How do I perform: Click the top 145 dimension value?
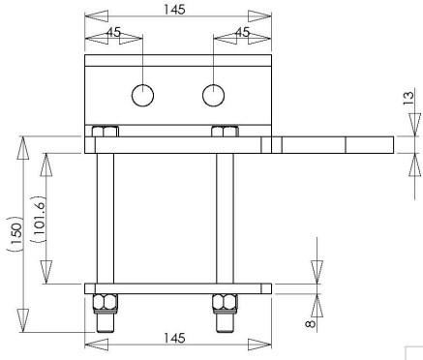coord(174,10)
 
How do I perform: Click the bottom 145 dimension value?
coord(174,338)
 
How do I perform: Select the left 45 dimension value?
coord(113,32)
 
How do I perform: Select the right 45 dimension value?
coord(243,32)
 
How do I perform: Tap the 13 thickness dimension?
coord(408,98)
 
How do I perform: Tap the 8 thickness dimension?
coord(310,323)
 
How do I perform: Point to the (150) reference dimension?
coord(15,233)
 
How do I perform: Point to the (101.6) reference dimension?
coord(38,219)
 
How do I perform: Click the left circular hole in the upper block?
coord(142,95)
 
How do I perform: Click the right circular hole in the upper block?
coord(213,95)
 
